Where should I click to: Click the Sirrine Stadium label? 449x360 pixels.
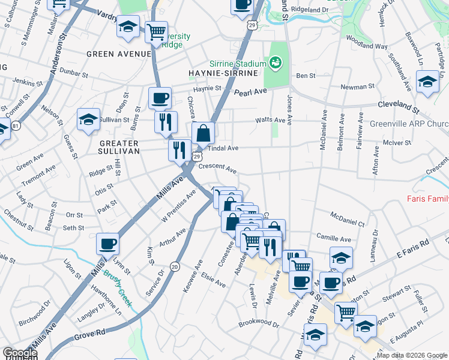tap(237, 64)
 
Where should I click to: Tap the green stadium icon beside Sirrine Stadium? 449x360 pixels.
tap(276, 62)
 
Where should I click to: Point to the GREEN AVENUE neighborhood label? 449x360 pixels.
tap(118, 53)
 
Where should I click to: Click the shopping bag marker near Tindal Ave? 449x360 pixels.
tap(203, 133)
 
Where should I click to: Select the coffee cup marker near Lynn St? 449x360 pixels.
tap(108, 244)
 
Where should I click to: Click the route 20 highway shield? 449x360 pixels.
tap(174, 266)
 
